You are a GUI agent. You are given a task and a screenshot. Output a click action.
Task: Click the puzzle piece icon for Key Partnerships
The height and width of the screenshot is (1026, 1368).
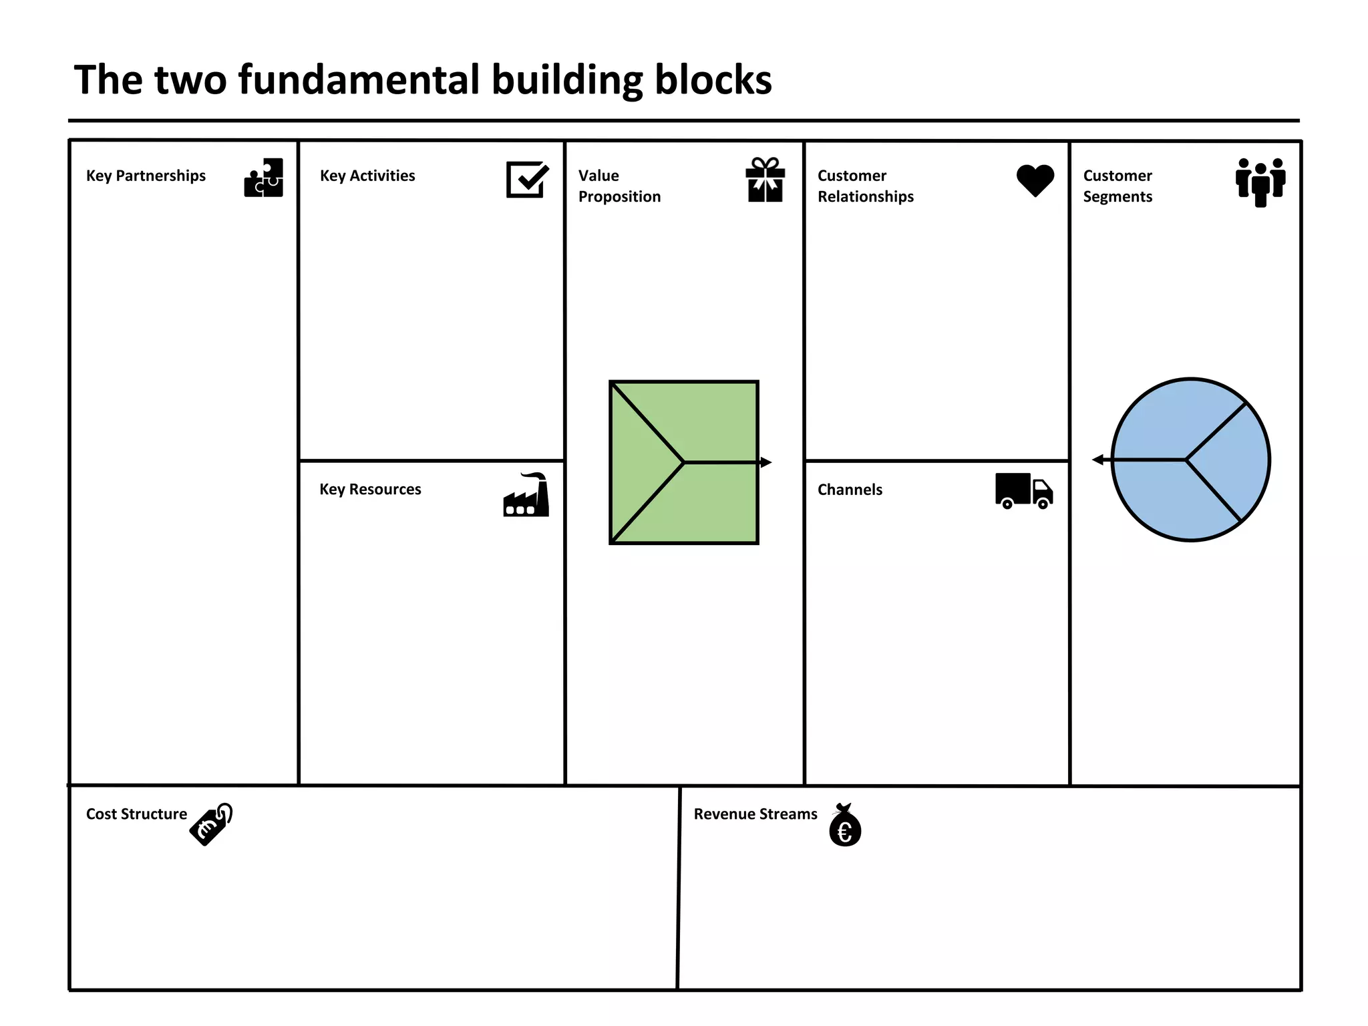click(264, 178)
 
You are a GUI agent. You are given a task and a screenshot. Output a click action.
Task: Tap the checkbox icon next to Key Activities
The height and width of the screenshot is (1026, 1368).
click(527, 179)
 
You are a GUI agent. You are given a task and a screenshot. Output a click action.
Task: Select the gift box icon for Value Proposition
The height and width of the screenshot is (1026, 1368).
click(765, 180)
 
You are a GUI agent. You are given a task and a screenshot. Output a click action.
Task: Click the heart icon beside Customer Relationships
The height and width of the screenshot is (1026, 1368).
click(1035, 180)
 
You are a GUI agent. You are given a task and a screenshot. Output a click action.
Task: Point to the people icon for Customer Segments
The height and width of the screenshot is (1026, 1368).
click(1260, 182)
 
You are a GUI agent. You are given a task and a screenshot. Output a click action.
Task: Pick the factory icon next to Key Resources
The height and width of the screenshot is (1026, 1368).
click(526, 496)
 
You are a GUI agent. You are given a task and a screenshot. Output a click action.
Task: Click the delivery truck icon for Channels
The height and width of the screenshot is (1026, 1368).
click(1023, 491)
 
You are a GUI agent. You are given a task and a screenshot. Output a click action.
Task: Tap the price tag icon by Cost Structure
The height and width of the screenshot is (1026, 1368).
click(212, 824)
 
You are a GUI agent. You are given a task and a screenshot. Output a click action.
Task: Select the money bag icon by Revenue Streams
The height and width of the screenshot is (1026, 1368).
click(845, 826)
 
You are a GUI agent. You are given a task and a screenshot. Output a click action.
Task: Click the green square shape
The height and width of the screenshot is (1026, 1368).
click(683, 462)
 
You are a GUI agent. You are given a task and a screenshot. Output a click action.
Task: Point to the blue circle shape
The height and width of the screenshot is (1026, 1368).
click(1190, 460)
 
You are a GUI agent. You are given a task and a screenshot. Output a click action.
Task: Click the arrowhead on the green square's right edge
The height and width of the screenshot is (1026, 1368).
click(766, 462)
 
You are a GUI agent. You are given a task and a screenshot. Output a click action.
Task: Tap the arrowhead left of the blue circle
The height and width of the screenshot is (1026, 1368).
click(1097, 460)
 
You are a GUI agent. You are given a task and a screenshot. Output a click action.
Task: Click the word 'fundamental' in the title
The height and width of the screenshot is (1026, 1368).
click(359, 80)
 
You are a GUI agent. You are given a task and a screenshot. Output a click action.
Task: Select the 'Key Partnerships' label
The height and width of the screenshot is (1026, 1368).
click(146, 176)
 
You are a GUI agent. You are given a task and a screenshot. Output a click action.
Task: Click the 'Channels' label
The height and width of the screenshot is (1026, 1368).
click(850, 490)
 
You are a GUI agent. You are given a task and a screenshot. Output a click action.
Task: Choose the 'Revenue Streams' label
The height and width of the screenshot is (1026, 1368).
click(755, 814)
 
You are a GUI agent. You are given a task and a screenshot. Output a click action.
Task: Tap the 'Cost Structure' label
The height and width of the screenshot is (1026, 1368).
click(136, 814)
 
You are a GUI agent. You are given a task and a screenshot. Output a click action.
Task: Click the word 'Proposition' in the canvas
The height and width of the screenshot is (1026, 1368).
click(619, 197)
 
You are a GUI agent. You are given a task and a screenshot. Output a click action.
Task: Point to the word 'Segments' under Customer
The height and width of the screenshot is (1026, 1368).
click(1118, 197)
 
